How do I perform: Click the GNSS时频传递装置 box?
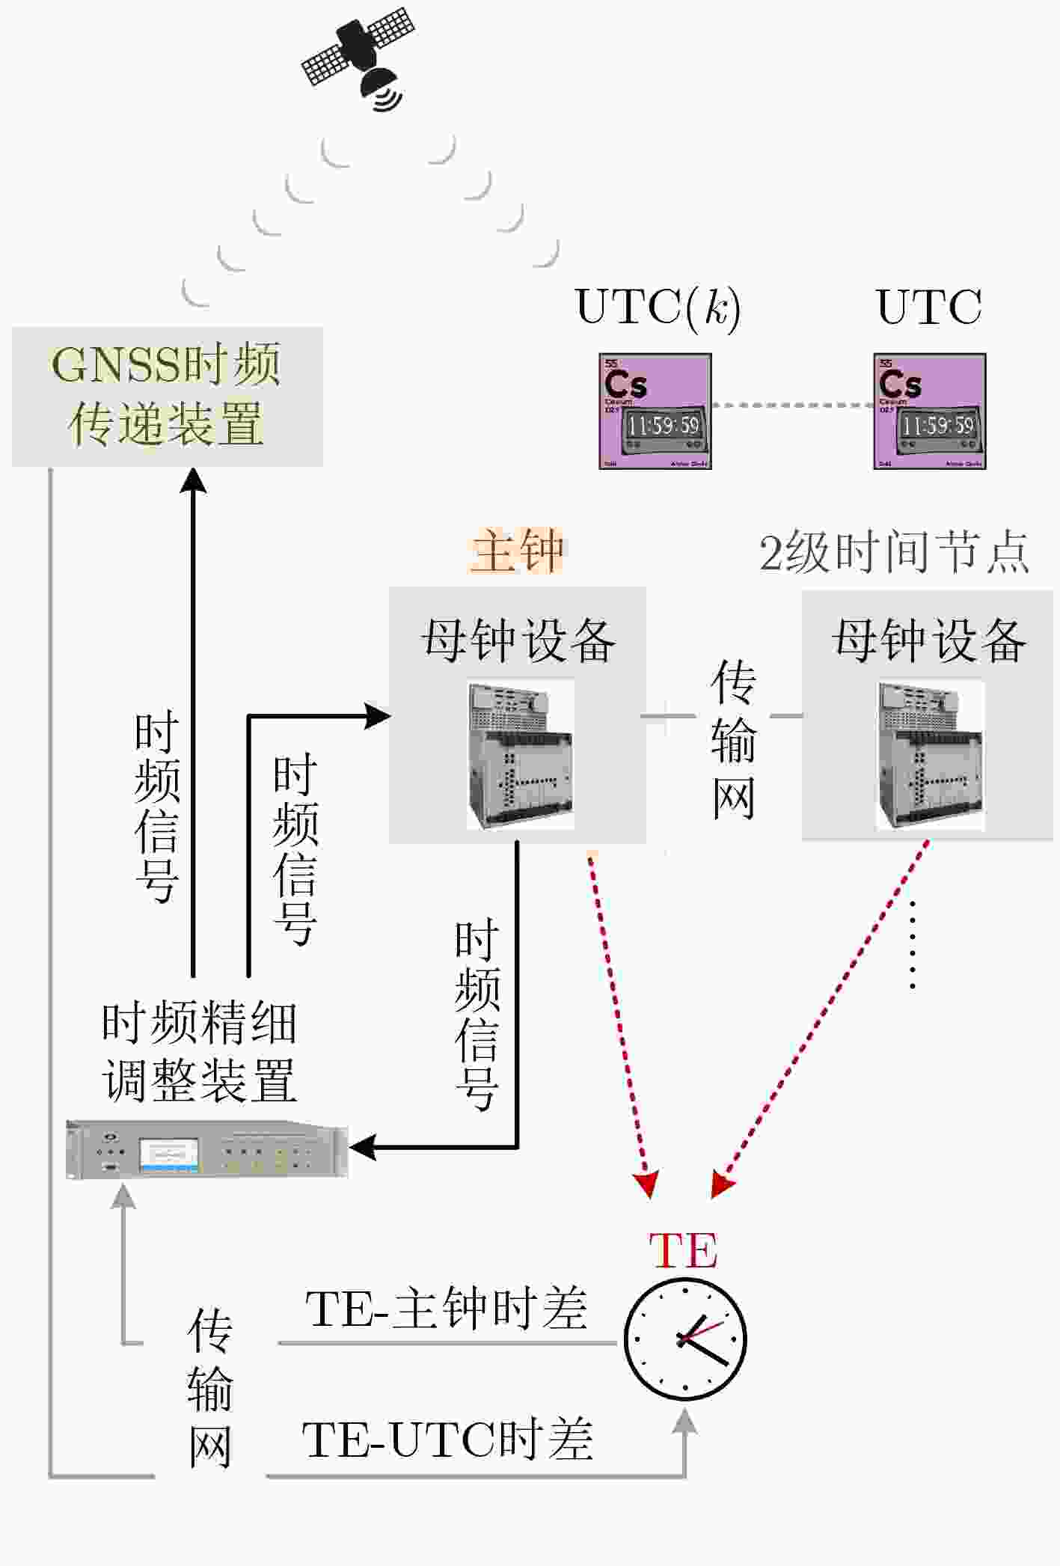(167, 397)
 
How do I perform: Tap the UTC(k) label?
(658, 307)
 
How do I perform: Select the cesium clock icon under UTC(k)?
(655, 412)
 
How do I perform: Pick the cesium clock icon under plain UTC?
(930, 412)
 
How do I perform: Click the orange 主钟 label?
(517, 551)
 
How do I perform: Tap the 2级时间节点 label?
(894, 553)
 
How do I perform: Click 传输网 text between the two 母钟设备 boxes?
(733, 741)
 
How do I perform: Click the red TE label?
(683, 1250)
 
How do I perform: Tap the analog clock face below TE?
(685, 1339)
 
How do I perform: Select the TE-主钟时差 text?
(446, 1309)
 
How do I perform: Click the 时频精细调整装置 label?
(199, 1051)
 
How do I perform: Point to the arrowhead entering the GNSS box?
(194, 480)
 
